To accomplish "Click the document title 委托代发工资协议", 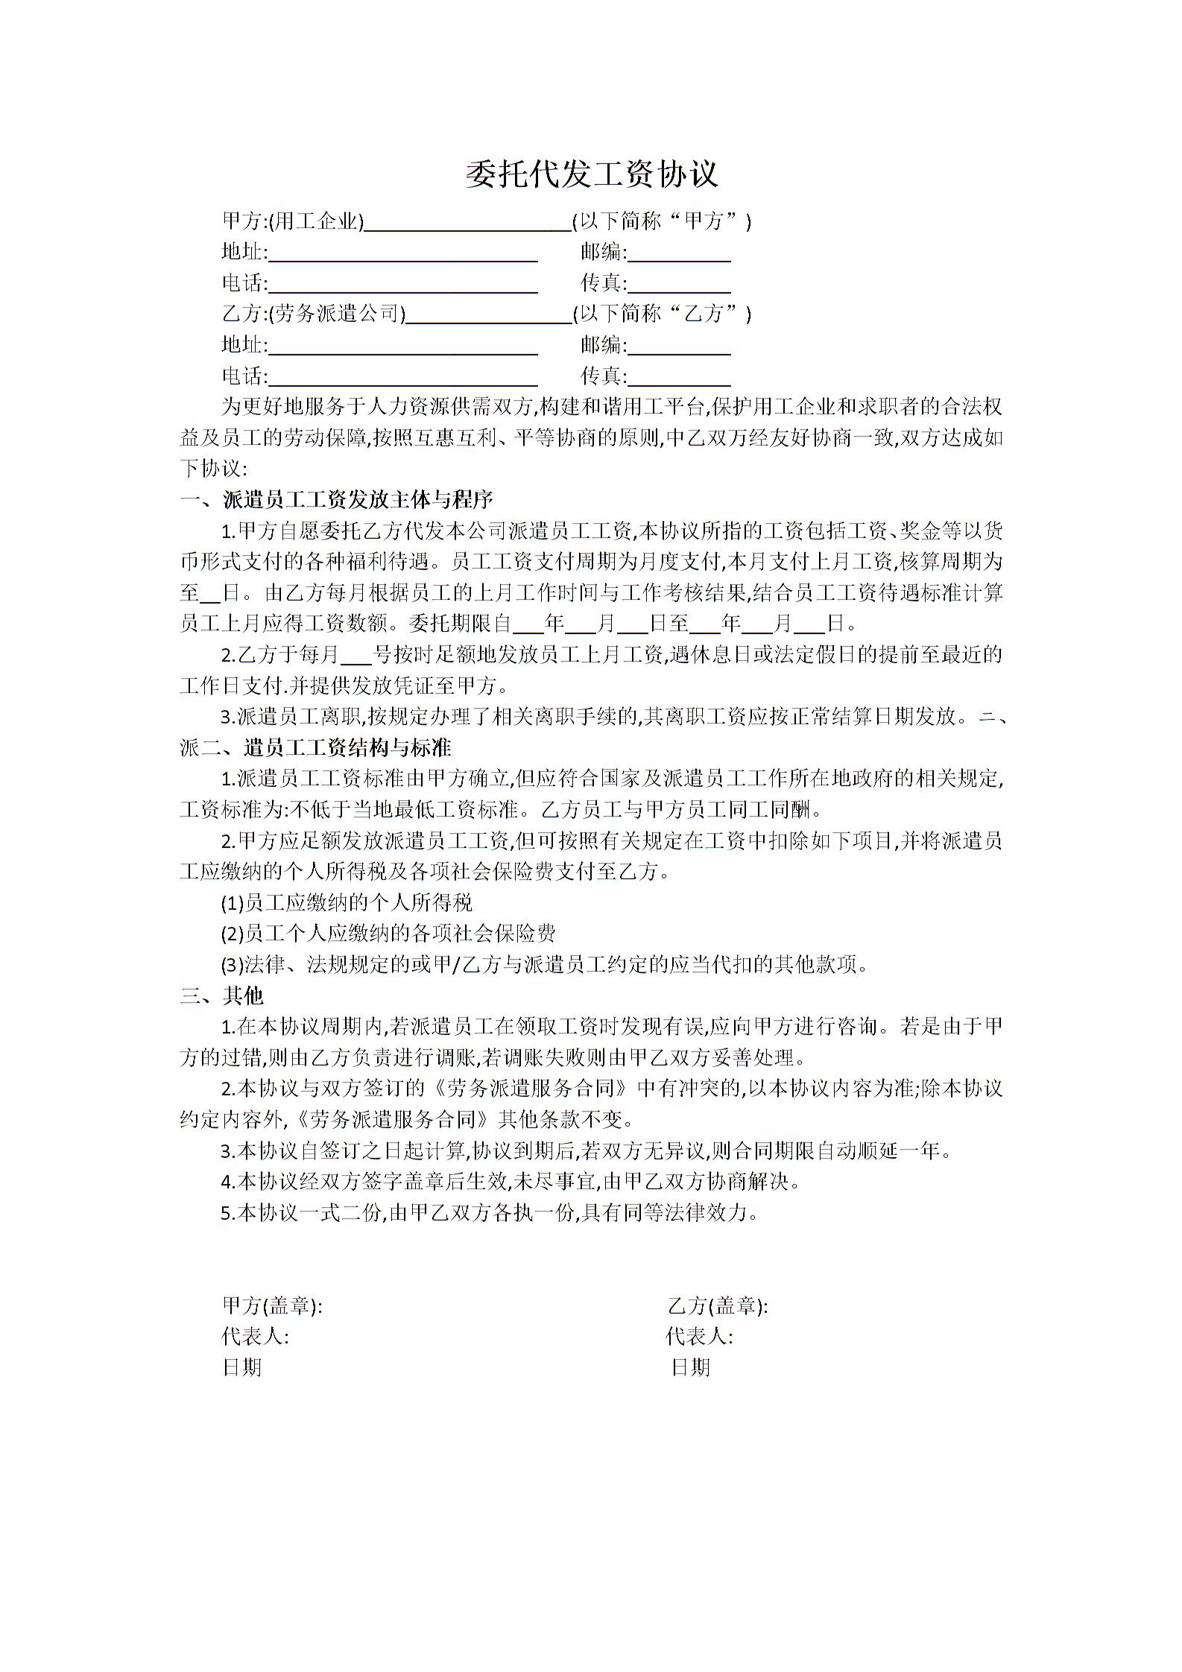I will tap(591, 174).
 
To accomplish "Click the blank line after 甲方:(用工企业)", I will tap(467, 224).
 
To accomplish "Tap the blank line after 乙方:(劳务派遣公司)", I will tap(488, 316).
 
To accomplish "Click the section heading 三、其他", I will tap(221, 996).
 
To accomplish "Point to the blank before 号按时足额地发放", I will tap(355, 656).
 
